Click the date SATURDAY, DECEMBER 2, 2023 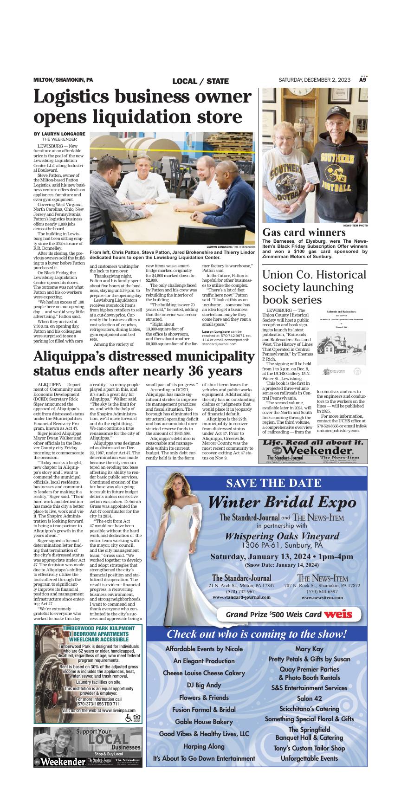point(314,80)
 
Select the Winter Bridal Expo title point(282,502)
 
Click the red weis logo point(337,614)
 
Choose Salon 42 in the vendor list point(309,698)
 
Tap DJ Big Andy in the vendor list point(204,685)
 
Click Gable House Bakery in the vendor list point(204,722)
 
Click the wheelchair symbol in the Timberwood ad point(129,718)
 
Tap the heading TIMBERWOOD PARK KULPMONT point(99,628)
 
